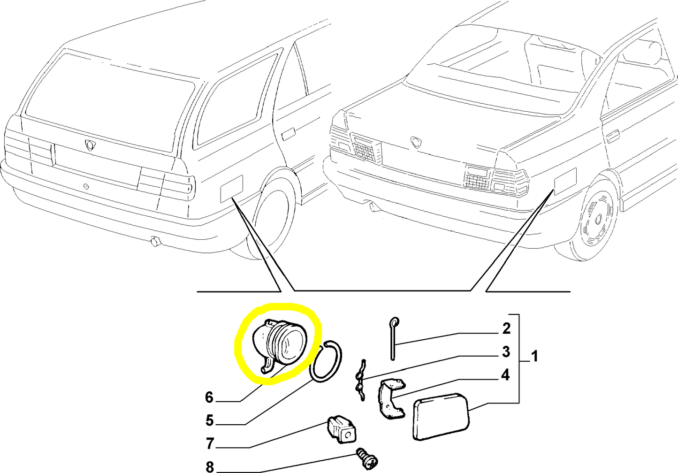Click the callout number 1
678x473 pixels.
[534, 356]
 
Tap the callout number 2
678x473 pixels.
[506, 328]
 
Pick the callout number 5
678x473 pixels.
[209, 420]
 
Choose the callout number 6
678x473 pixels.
[209, 397]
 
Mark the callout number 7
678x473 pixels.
[210, 443]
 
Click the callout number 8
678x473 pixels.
[210, 466]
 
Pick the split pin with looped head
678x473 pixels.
[393, 338]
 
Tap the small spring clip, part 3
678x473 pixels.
[360, 380]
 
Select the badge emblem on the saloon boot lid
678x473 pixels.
[415, 141]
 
